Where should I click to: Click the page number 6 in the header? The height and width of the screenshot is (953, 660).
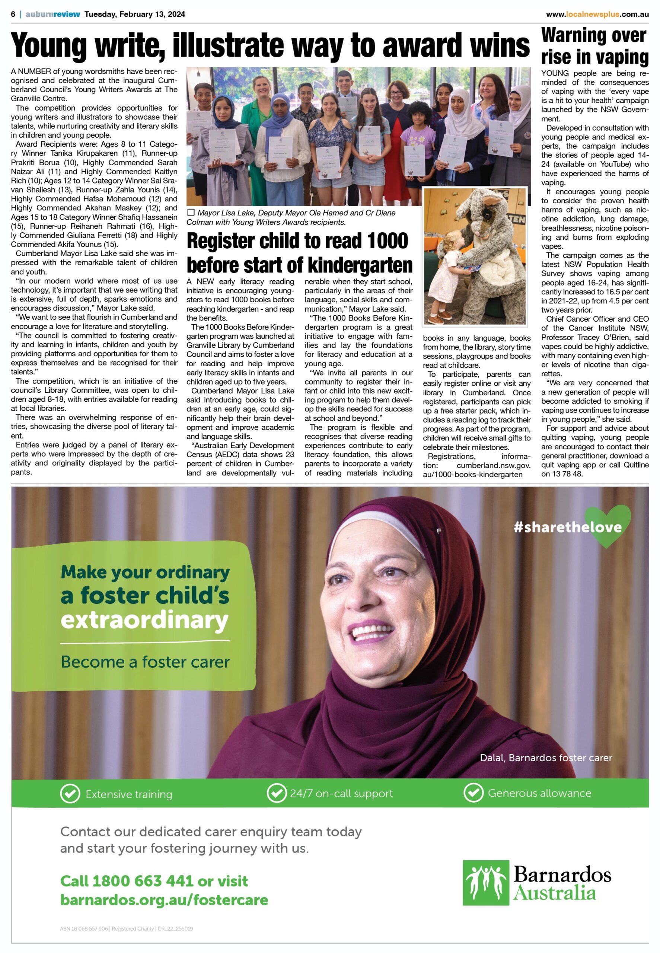13,14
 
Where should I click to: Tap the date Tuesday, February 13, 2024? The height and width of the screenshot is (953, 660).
135,14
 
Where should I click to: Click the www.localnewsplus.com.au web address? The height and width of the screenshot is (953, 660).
597,15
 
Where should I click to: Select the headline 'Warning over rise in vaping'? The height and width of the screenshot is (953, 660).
594,46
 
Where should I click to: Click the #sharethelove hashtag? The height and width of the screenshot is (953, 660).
567,527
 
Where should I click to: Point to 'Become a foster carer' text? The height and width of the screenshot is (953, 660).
145,662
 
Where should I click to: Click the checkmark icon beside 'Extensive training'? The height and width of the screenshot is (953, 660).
70,794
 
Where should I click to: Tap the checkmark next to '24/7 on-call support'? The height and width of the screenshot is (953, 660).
276,793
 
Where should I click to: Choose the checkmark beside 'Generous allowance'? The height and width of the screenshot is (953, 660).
473,793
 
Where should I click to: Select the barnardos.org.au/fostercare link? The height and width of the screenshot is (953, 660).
164,900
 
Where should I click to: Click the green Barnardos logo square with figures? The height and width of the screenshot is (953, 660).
485,883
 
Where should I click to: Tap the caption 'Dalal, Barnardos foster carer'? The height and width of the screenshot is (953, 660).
546,758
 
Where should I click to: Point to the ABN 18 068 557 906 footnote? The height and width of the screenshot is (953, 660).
84,928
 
